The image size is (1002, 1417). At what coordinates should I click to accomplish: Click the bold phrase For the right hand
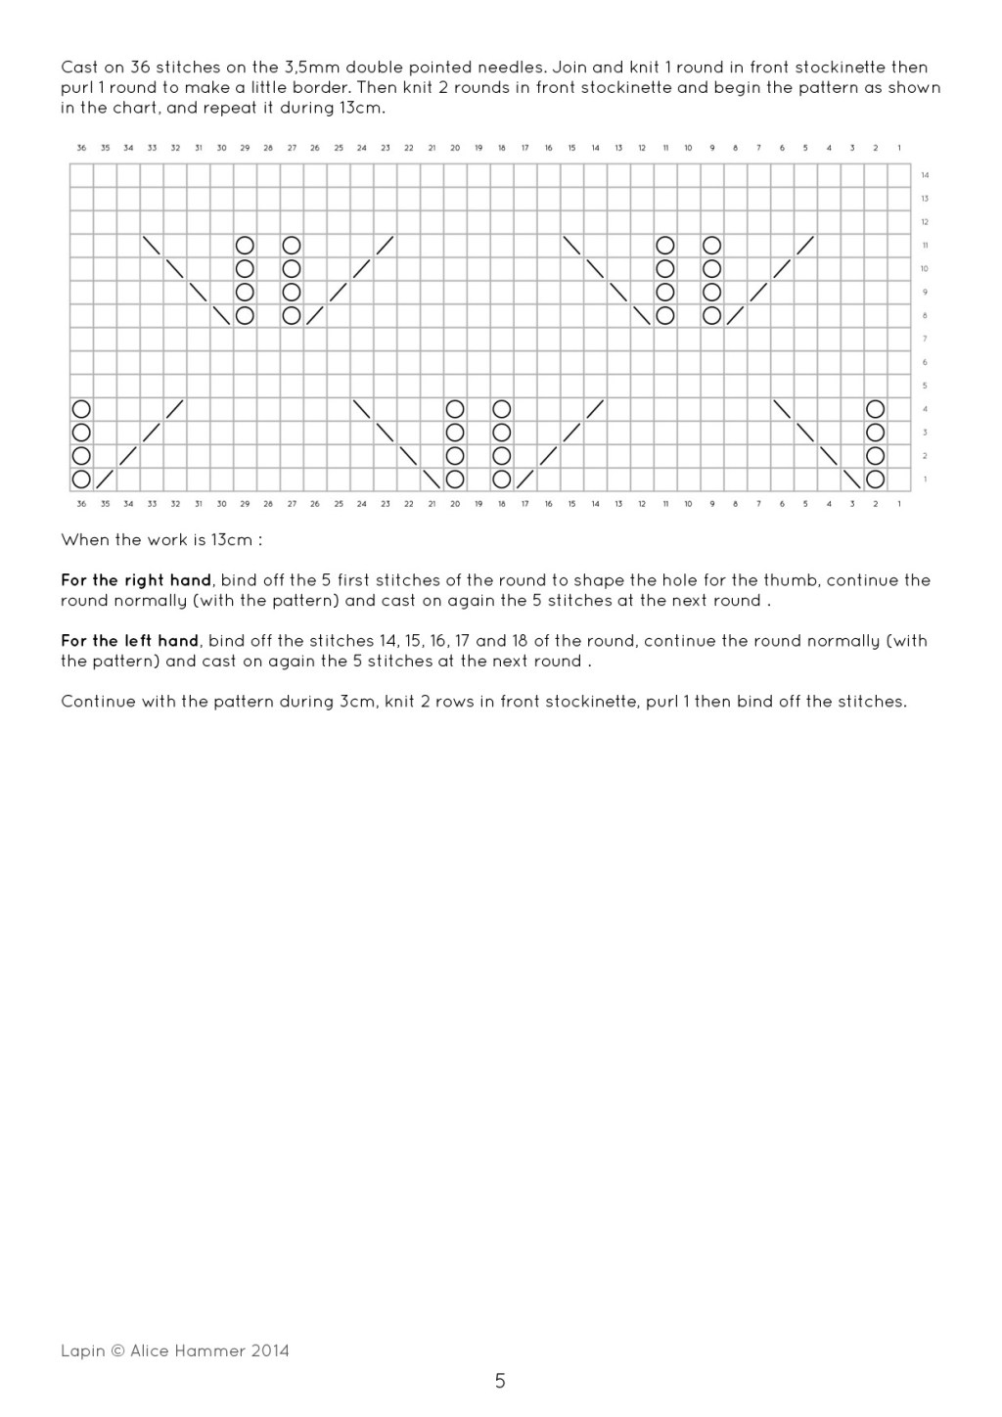tap(136, 580)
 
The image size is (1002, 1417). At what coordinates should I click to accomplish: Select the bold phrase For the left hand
tap(130, 641)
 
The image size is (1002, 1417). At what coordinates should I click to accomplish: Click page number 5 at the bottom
tap(500, 1382)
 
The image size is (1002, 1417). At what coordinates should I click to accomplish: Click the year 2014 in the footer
tap(270, 1350)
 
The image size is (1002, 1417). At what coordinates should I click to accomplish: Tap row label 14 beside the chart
tap(925, 175)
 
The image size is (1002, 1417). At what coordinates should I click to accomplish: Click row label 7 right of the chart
tap(925, 339)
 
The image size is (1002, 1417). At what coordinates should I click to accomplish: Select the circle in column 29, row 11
tap(245, 245)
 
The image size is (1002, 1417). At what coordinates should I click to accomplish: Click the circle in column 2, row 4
tap(876, 408)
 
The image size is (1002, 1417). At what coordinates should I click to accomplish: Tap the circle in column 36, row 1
tap(81, 479)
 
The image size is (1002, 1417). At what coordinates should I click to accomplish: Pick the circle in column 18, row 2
tap(502, 455)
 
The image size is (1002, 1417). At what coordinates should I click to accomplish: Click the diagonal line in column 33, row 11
tap(152, 245)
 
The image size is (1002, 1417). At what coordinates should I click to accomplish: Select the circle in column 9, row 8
tap(712, 315)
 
